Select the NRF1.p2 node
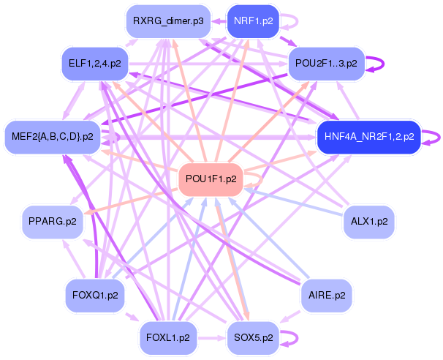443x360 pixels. coord(253,21)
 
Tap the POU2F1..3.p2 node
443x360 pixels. coord(326,64)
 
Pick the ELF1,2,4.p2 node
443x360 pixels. coord(95,64)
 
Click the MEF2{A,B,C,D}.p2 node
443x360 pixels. coord(53,136)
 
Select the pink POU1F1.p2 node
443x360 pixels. coord(211,179)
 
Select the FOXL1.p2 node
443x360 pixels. coord(168,337)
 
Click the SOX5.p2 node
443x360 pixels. coord(253,337)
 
